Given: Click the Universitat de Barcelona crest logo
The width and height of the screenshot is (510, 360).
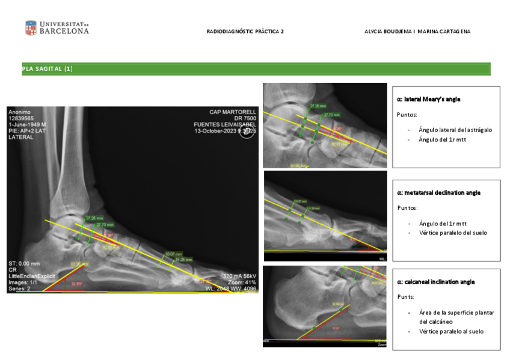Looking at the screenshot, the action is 31,28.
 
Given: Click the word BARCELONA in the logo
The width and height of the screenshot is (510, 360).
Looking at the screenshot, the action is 64,31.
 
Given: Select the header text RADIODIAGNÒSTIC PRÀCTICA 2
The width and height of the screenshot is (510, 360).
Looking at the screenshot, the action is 245,31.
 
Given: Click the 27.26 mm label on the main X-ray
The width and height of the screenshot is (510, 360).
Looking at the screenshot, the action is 95,218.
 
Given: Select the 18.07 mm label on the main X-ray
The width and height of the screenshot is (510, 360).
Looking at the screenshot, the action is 173,254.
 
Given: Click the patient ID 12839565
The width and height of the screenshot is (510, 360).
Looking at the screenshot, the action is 21,118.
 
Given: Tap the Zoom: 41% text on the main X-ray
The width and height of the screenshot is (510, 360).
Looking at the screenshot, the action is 243,282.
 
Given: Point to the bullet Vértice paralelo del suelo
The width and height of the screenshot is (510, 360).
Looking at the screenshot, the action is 453,233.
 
